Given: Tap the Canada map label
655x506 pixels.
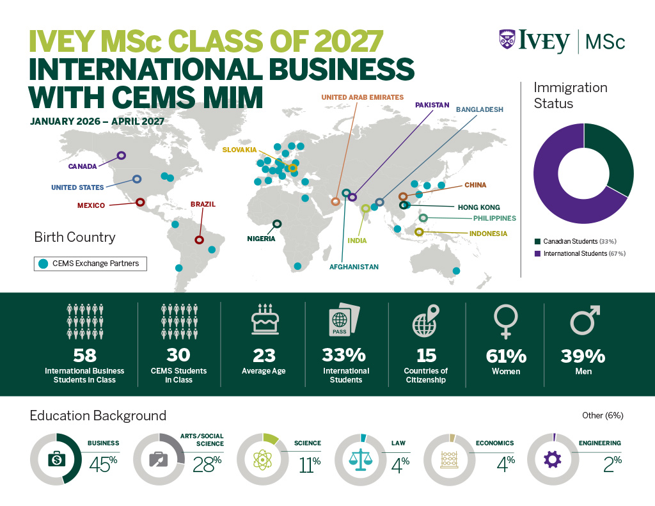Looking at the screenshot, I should coord(83,166).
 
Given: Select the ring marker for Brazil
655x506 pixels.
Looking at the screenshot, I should coord(199,240).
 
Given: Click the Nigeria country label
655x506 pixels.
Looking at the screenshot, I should coord(261,239).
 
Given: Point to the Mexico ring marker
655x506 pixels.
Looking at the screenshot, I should coord(140,202).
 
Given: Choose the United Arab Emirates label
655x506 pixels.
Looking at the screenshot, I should coord(362,97).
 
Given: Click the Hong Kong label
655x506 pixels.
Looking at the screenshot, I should coord(478,207).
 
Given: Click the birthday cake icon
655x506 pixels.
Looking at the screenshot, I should coord(264,319).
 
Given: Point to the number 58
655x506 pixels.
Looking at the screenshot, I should coord(84,355).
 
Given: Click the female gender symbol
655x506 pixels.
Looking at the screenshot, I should coord(506,320).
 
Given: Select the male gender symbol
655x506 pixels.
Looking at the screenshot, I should coord(585,319).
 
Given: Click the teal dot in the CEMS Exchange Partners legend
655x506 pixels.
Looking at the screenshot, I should coord(43,263).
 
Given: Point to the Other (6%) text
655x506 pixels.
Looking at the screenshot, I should coord(603,416).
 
